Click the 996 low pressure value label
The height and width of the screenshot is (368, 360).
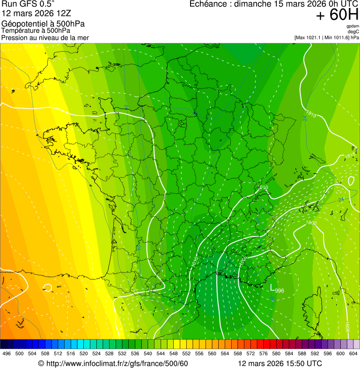[x=279, y=291]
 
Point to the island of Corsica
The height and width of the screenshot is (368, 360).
[x=309, y=304]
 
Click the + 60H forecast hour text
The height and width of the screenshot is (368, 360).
[x=337, y=15]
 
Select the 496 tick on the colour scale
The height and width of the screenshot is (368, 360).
[x=7, y=354]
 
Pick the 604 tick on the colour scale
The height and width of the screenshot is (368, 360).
[x=353, y=354]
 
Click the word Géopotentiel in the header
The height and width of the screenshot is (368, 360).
[x=23, y=24]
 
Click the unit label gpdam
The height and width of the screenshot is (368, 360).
[x=353, y=26]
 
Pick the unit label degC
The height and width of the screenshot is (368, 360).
[x=354, y=32]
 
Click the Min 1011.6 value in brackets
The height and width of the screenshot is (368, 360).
[x=336, y=37]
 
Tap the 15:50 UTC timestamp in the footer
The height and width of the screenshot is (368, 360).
[x=300, y=363]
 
